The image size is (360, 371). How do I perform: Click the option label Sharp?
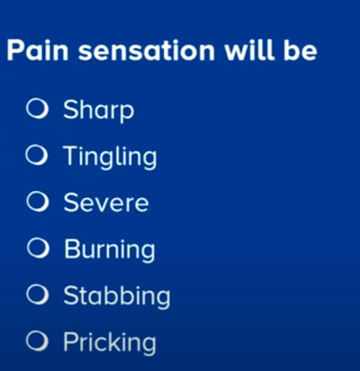coord(99,111)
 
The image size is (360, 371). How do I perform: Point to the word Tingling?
coord(110,157)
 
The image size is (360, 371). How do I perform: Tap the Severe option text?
coord(106,202)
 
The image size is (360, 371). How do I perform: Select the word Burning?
coord(110,250)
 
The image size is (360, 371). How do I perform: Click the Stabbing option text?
coord(117,297)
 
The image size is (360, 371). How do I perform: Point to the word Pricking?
coord(110,343)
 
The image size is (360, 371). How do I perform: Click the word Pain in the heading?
coord(38,50)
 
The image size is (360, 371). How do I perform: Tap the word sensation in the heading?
coord(146,51)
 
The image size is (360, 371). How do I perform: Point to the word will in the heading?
coord(249,50)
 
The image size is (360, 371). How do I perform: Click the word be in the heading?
coord(300,50)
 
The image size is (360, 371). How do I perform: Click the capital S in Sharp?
coord(71,109)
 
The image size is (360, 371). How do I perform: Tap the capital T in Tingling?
coord(71,155)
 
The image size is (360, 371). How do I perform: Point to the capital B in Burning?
coord(72,248)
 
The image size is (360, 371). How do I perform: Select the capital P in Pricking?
coord(71,341)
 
